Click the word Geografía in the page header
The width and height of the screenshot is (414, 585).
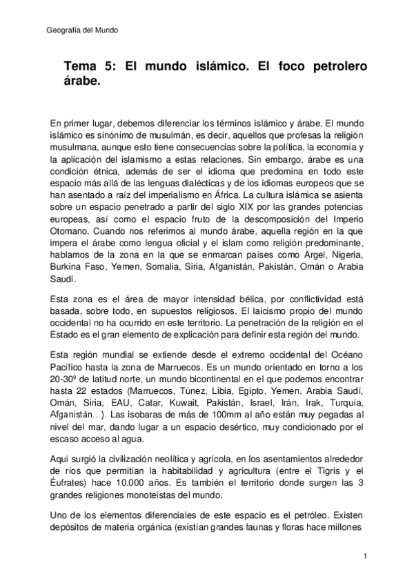[61, 31]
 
